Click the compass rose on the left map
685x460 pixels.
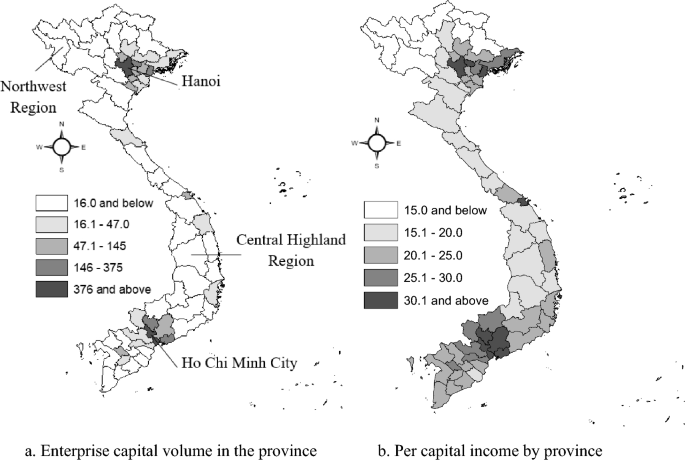[61, 146]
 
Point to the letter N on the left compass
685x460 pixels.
[61, 125]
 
